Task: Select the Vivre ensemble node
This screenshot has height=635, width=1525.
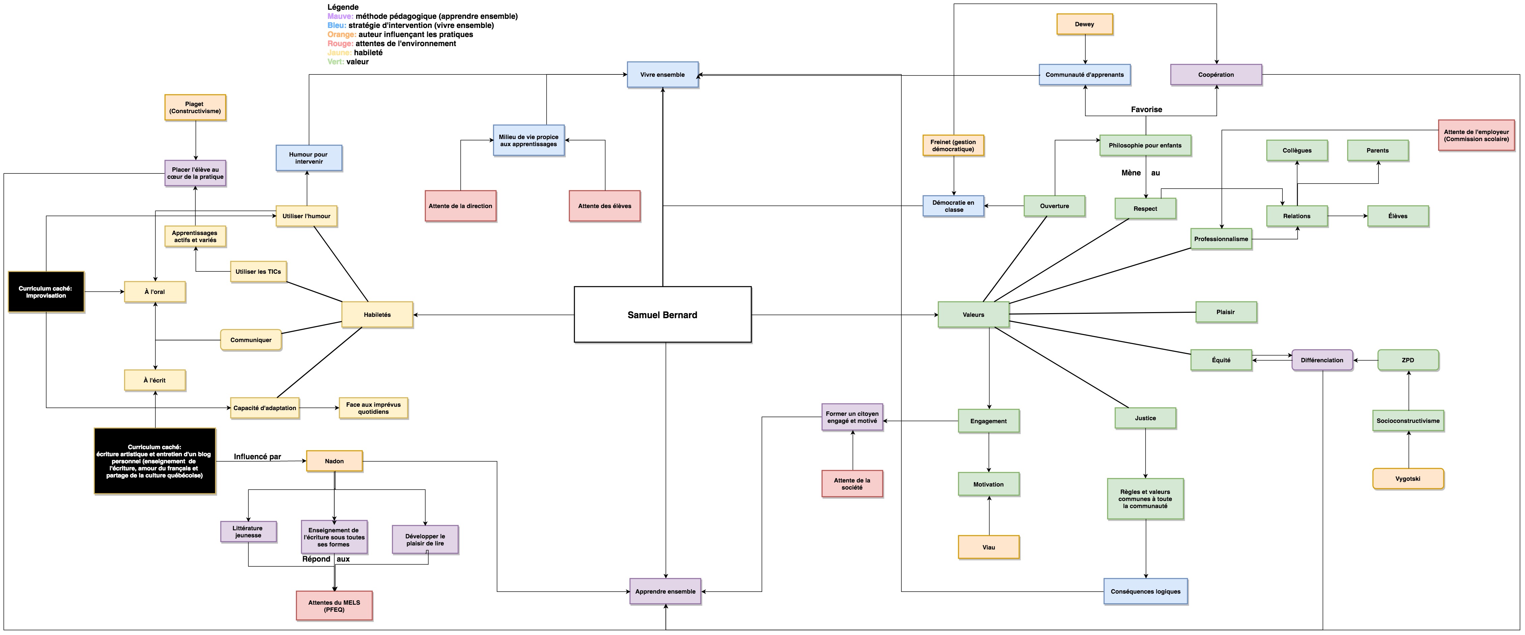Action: pos(662,74)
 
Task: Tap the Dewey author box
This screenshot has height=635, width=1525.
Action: pos(1085,24)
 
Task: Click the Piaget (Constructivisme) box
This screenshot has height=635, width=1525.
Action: pos(195,108)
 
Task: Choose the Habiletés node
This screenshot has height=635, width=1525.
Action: pos(377,315)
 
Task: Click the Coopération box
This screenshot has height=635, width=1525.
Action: pos(1216,74)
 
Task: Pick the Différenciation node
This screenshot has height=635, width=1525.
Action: pos(1322,360)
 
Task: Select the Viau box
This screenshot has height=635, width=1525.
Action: pos(989,547)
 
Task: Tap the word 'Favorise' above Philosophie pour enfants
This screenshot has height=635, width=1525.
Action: pos(1147,109)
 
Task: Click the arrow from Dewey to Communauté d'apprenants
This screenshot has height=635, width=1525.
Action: pos(1085,50)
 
